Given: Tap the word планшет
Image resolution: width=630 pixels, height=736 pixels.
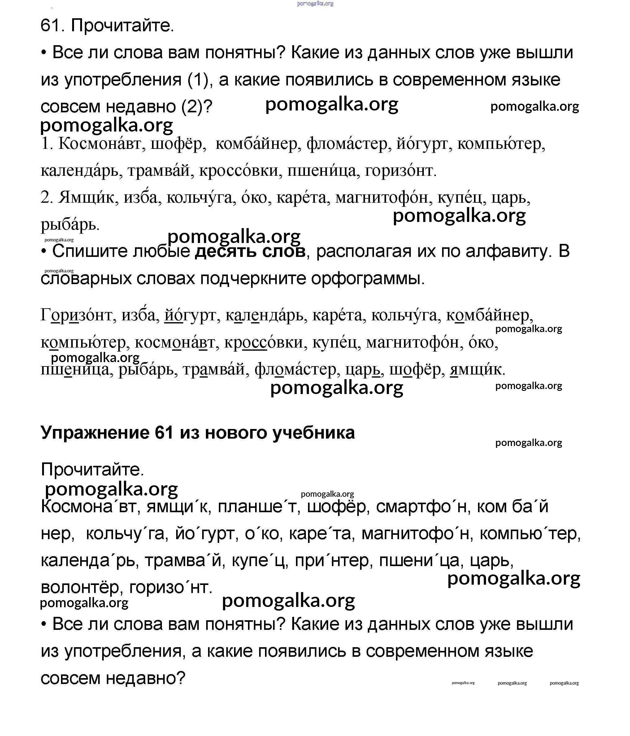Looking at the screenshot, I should click(257, 507).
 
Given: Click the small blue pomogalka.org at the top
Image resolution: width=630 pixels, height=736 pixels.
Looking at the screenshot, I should click(315, 3).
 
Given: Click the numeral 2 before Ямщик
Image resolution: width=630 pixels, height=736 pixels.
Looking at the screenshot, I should click(46, 197).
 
